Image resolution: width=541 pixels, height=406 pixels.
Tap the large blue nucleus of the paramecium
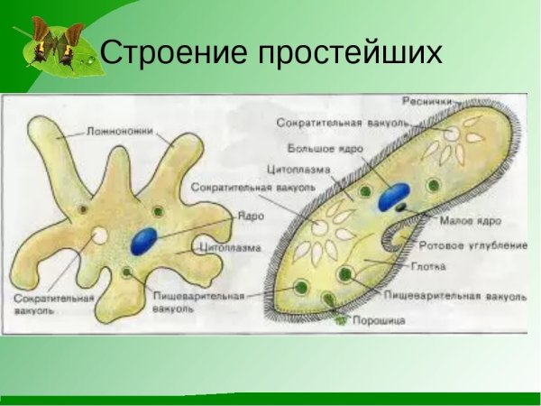tap(393, 197)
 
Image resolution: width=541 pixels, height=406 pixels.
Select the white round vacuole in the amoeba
tap(100, 237)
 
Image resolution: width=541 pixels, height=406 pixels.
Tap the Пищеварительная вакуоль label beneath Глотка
tap(454, 294)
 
